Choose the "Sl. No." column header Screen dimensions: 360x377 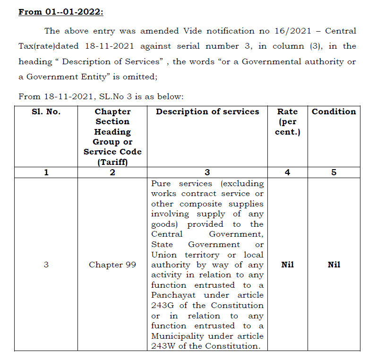[x=46, y=112]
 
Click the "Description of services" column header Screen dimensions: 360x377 [x=207, y=112]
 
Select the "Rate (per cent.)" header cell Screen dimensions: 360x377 [x=287, y=122]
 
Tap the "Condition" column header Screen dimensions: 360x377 [x=334, y=112]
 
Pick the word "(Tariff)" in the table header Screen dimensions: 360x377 [x=112, y=162]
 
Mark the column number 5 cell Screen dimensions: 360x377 [x=334, y=172]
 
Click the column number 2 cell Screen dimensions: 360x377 [x=112, y=172]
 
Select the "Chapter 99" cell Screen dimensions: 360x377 [x=112, y=265]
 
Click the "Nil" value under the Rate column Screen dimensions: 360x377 [x=287, y=265]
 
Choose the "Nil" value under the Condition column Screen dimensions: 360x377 [x=334, y=265]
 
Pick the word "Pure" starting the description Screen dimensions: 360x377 [x=161, y=183]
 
